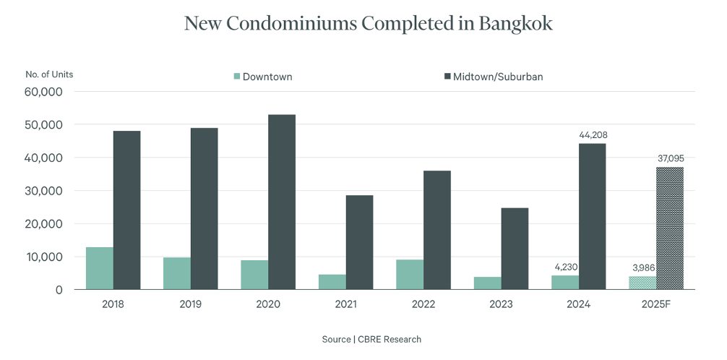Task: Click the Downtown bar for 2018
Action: pos(100,268)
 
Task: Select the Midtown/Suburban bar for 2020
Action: pos(282,202)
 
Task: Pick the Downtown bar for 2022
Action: pos(410,274)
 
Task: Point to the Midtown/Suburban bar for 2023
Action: pos(515,249)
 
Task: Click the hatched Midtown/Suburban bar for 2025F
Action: pos(670,228)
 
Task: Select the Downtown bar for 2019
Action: pos(177,273)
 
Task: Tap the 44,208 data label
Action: pos(593,135)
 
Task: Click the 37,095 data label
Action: pos(670,158)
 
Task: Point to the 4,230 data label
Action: pos(565,267)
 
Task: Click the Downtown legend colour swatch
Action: pos(236,77)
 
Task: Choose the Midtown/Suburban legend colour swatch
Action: pos(447,77)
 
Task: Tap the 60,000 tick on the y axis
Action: pos(46,92)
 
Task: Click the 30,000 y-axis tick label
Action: pos(46,191)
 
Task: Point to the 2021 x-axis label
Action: pos(346,304)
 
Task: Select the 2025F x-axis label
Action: pos(656,304)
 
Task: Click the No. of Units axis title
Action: pos(49,74)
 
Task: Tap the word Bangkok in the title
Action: pos(515,23)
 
